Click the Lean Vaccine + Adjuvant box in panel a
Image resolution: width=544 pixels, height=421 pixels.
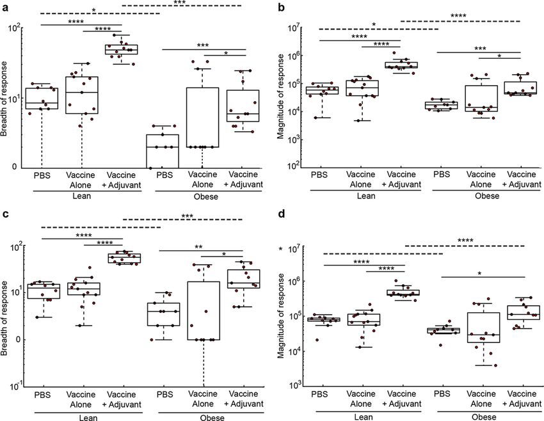click(122, 49)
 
